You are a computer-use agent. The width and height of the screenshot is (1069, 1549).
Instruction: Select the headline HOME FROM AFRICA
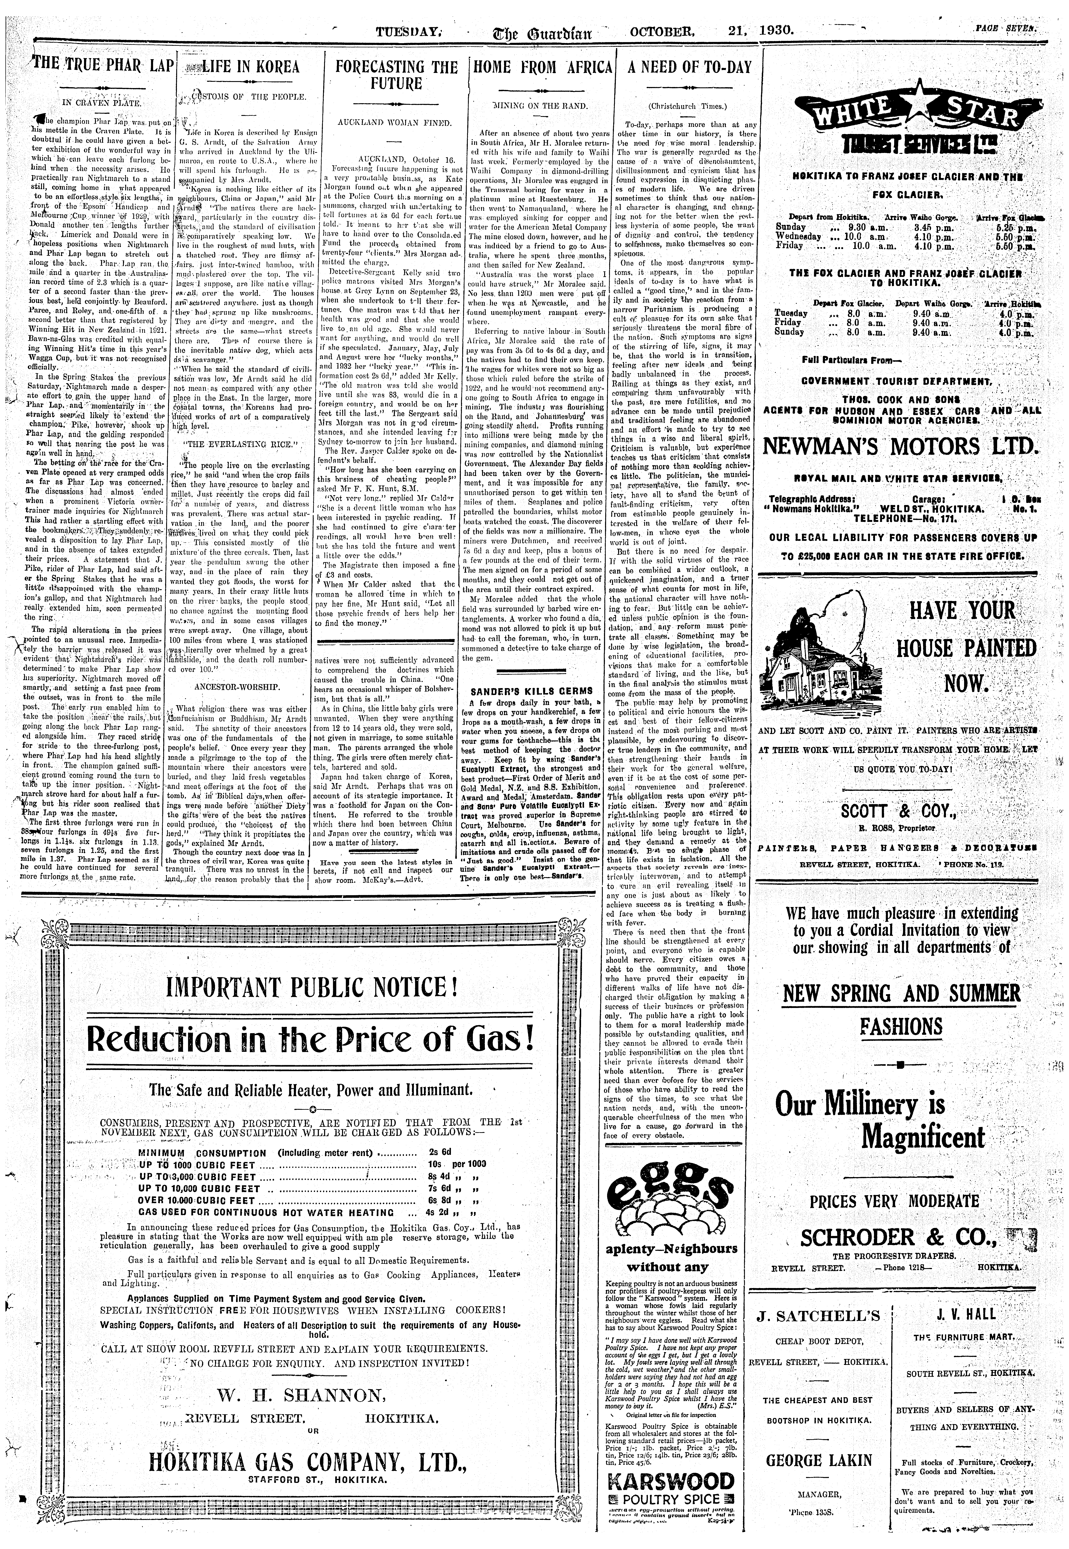tap(543, 67)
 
